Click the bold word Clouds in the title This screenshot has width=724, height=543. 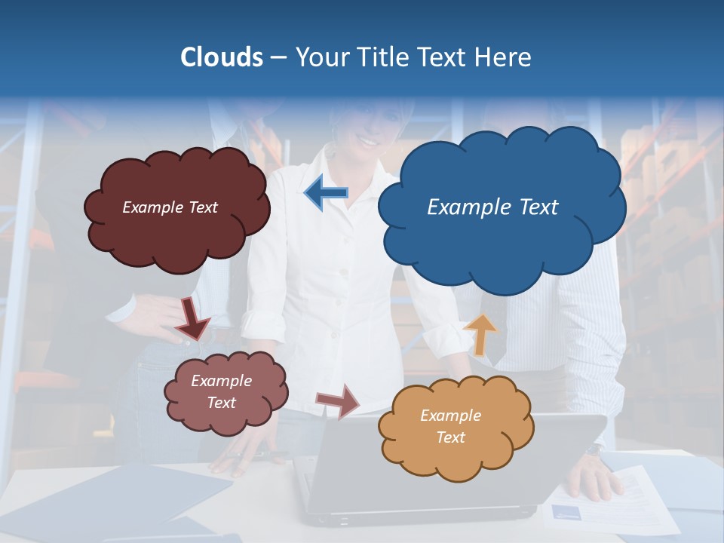pyautogui.click(x=222, y=57)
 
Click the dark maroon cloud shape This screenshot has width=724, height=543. pyautogui.click(x=176, y=234)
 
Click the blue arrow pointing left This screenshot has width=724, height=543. pyautogui.click(x=326, y=193)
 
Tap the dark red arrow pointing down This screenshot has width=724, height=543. pyautogui.click(x=192, y=319)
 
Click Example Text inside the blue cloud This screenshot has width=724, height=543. pyautogui.click(x=492, y=207)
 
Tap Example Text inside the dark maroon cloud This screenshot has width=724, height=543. pyautogui.click(x=170, y=207)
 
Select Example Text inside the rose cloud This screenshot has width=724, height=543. pyautogui.click(x=221, y=391)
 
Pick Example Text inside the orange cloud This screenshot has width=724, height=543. pyautogui.click(x=450, y=426)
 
